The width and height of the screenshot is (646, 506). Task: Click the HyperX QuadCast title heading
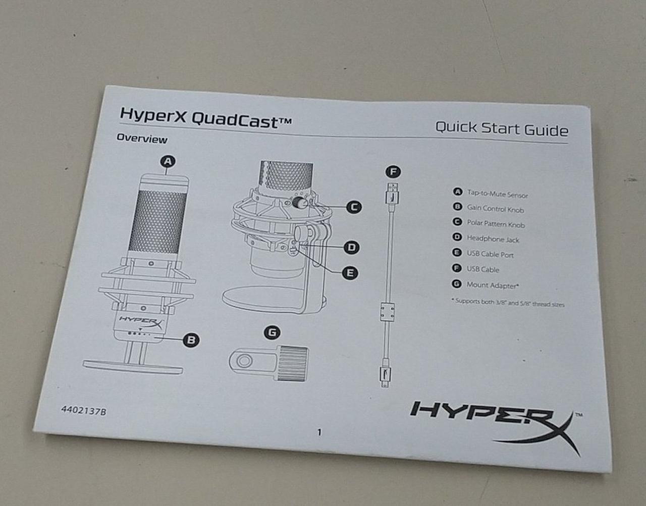pyautogui.click(x=205, y=118)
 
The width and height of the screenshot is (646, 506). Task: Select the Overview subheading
pyautogui.click(x=142, y=139)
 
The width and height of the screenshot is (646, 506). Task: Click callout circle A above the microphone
pyautogui.click(x=168, y=161)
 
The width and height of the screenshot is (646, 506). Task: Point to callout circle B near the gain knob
pyautogui.click(x=191, y=340)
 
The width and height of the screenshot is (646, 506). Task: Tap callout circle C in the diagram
pyautogui.click(x=354, y=207)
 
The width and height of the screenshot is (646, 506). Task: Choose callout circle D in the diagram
pyautogui.click(x=351, y=247)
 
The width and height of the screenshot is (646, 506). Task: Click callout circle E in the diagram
pyautogui.click(x=350, y=273)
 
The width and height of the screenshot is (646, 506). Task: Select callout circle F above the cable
pyautogui.click(x=393, y=171)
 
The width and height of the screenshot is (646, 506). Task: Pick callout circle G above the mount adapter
pyautogui.click(x=272, y=333)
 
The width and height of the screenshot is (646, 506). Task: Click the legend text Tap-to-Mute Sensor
pyautogui.click(x=497, y=194)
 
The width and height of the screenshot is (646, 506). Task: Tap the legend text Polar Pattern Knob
pyautogui.click(x=496, y=224)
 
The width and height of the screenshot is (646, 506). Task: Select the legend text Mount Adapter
pyautogui.click(x=493, y=285)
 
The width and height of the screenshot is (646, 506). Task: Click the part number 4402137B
pyautogui.click(x=84, y=411)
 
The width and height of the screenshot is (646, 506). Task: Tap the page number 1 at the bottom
pyautogui.click(x=319, y=432)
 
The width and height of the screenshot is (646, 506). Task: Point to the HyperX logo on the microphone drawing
pyautogui.click(x=141, y=322)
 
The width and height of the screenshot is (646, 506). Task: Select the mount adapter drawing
pyautogui.click(x=268, y=363)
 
